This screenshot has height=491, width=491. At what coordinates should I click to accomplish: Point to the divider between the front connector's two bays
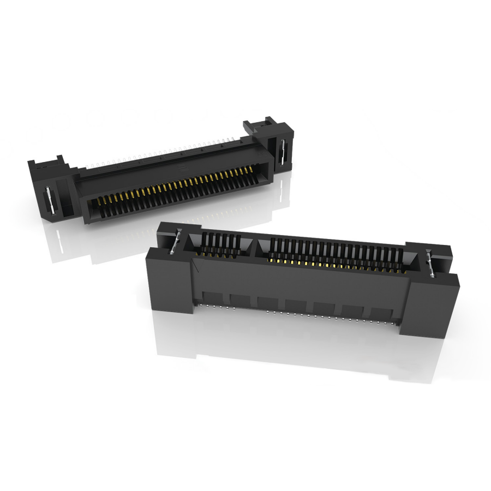tap(255, 244)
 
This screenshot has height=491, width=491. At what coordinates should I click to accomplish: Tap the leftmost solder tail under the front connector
tap(203, 306)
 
